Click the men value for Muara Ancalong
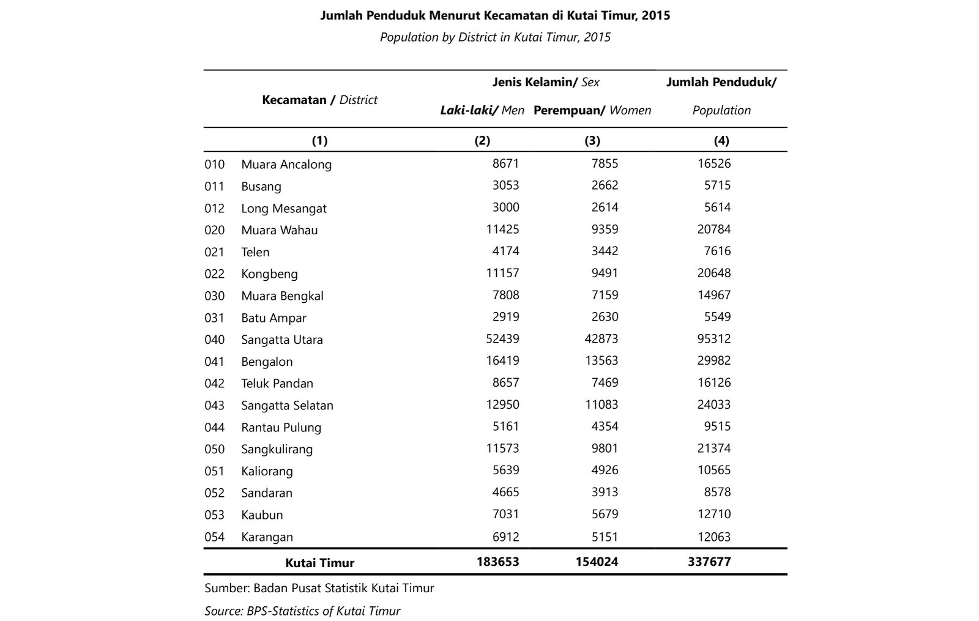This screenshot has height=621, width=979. [505, 164]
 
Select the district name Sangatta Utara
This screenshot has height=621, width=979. [281, 340]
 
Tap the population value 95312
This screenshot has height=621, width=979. [713, 339]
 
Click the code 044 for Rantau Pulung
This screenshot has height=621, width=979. [214, 427]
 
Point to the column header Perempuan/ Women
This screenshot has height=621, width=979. [592, 111]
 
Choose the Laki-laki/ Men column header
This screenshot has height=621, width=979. [482, 111]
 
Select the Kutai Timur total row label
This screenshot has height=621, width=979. [319, 563]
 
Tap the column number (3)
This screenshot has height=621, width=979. [592, 141]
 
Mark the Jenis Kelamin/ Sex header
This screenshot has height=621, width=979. [546, 82]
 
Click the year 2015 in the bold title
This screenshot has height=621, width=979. [657, 16]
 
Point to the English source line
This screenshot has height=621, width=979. [302, 611]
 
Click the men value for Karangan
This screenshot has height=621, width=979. [505, 537]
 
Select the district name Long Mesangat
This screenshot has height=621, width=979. [283, 209]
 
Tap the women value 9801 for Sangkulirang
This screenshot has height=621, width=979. [605, 448]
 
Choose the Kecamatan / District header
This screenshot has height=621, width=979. [319, 100]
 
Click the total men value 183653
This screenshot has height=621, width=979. [497, 562]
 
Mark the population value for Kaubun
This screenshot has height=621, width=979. [713, 515]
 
